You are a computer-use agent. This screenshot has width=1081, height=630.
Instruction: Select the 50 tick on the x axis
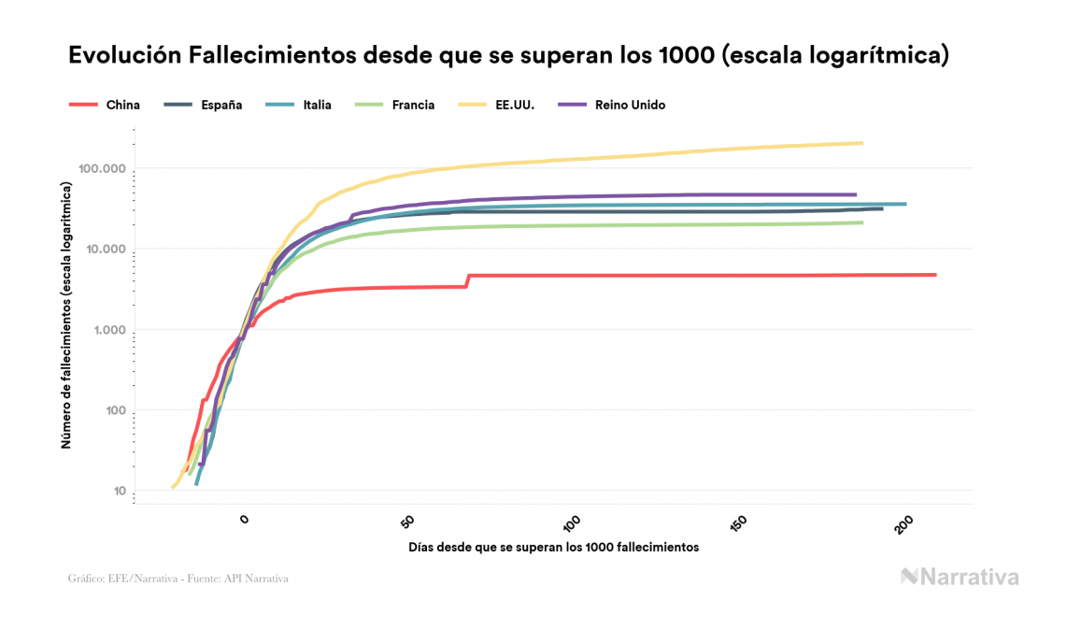408,523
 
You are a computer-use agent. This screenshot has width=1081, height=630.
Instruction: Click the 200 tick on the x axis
903,524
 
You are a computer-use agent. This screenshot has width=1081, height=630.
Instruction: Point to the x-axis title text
553,547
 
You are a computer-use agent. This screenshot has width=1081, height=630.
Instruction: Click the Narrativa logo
960,577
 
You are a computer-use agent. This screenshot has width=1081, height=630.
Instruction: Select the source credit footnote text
178,579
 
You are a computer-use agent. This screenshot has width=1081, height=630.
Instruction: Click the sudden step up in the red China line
467,280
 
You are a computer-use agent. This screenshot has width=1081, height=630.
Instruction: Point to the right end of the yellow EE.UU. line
861,143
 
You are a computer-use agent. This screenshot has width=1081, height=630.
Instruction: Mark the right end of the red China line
934,275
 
